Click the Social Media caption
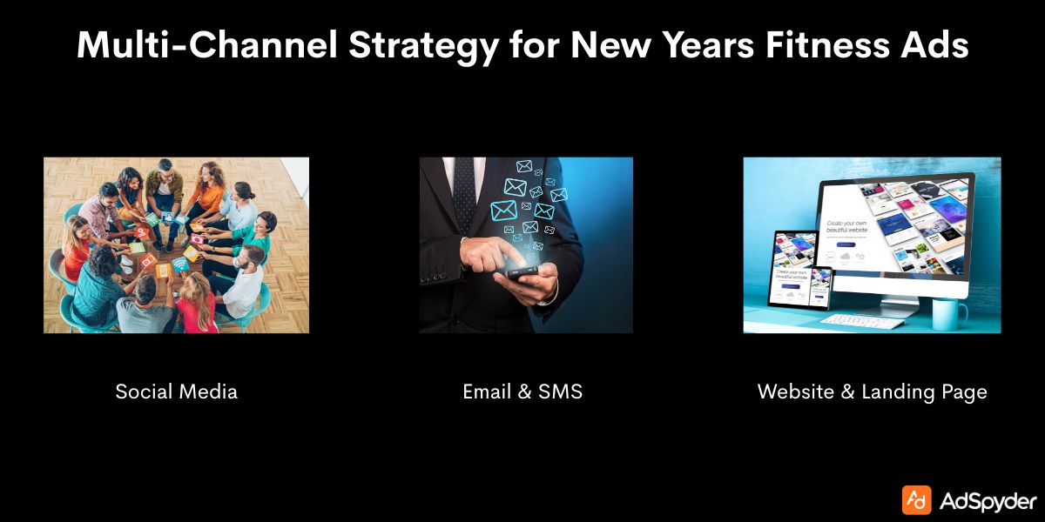[x=176, y=391]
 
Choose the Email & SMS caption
[x=522, y=391]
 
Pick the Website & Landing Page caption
[x=872, y=391]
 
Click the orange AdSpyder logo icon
[x=916, y=500]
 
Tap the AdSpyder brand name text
[x=988, y=501]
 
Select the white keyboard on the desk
[x=862, y=321]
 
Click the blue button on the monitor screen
[x=844, y=246]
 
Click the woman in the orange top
[x=206, y=186]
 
